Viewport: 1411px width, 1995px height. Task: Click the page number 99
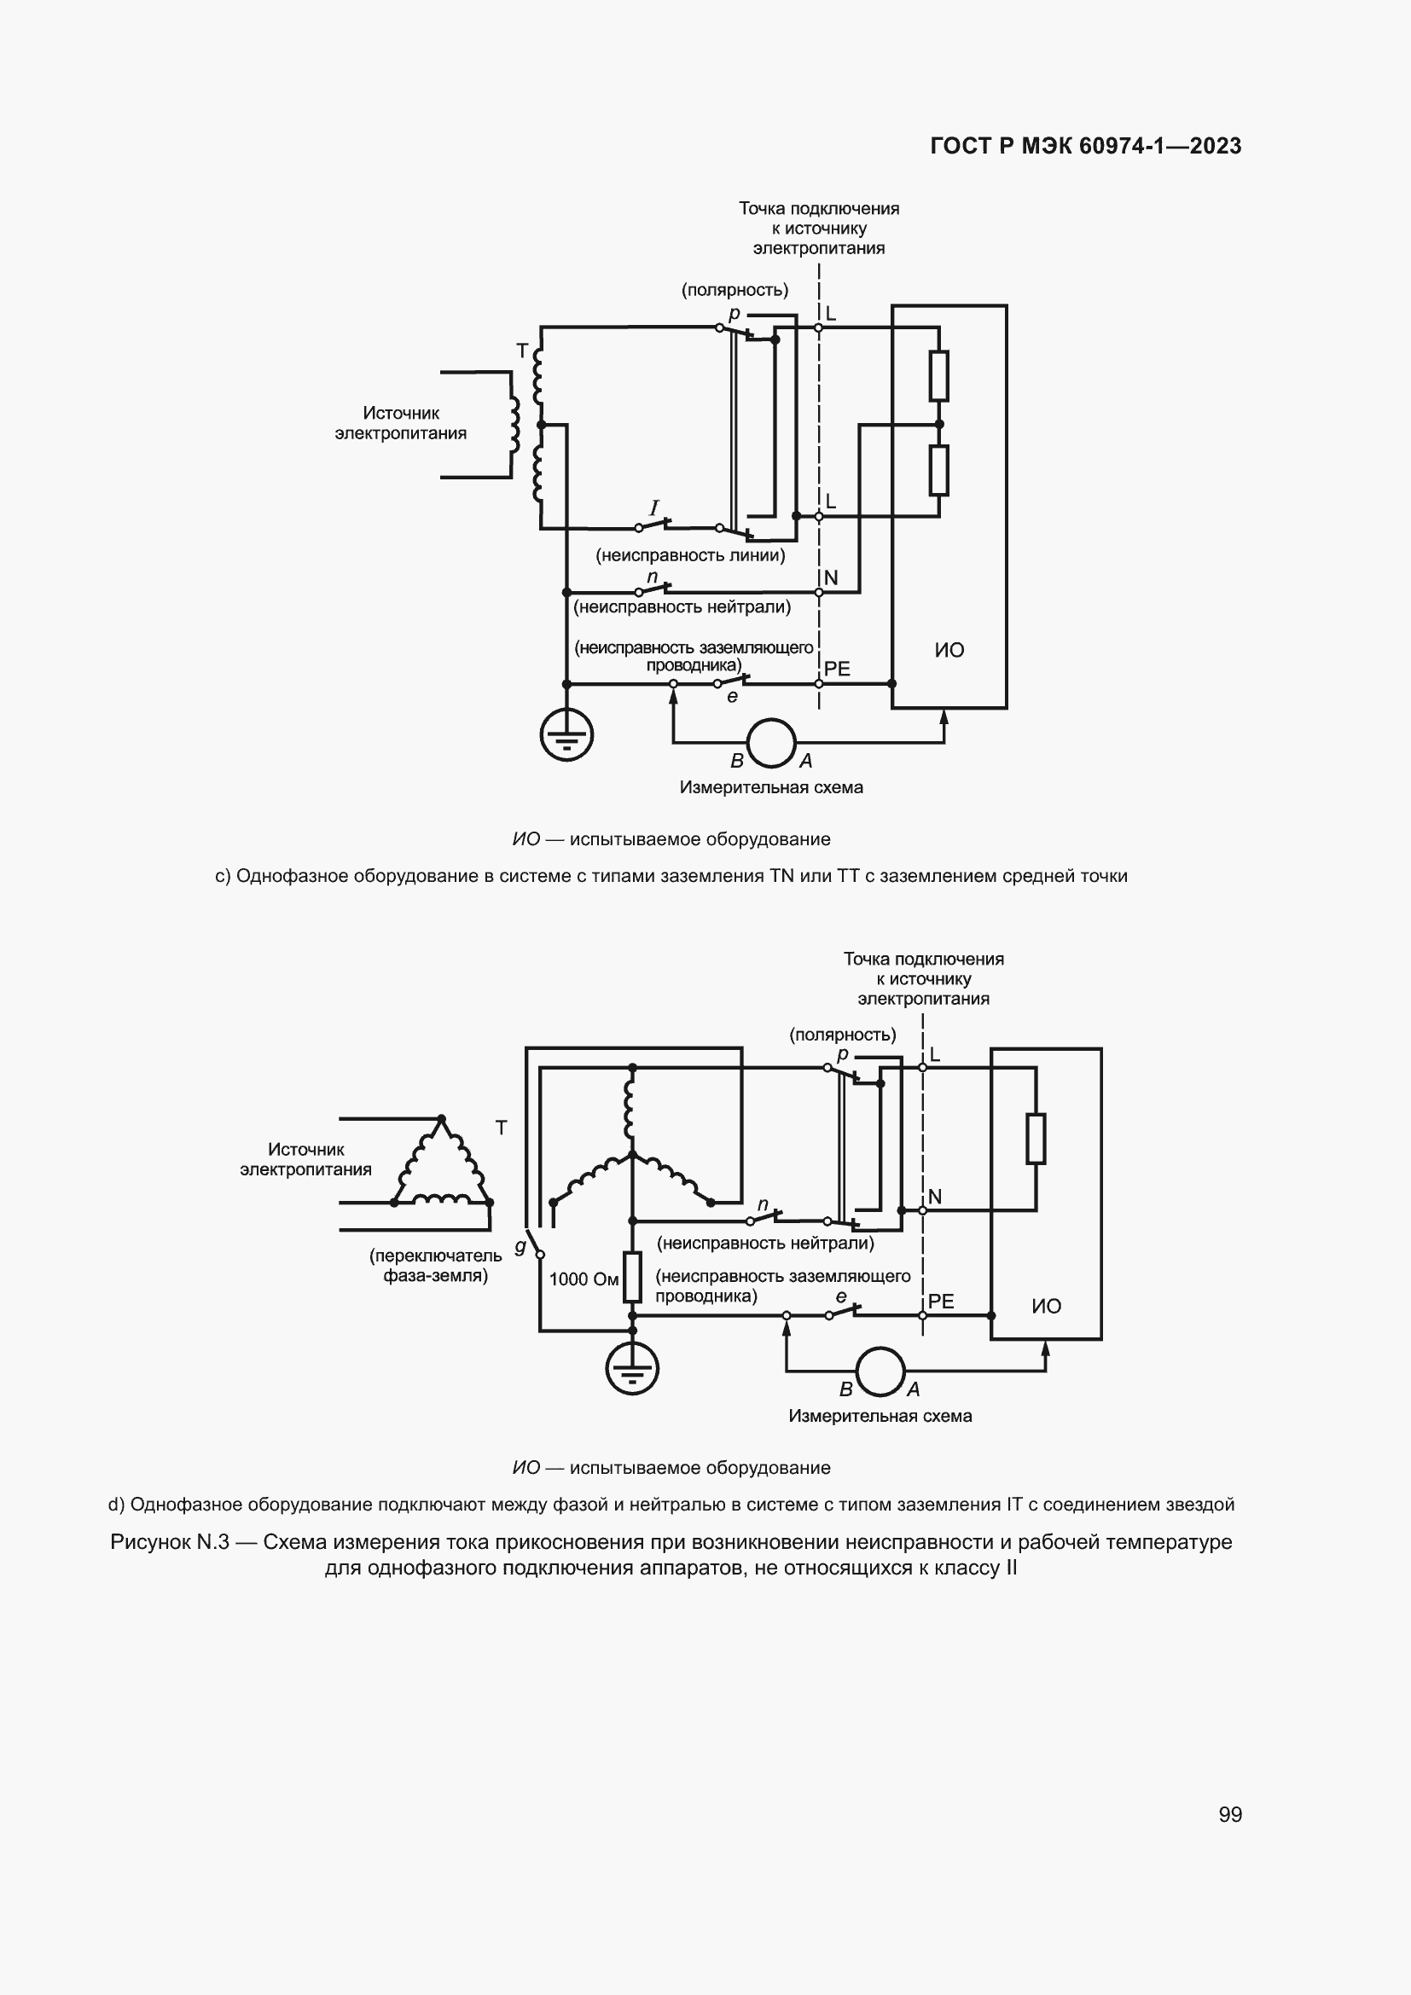pyautogui.click(x=1229, y=1814)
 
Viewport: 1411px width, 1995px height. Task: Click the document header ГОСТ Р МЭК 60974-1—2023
pyautogui.click(x=1085, y=146)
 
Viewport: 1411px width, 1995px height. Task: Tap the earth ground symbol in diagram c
pyautogui.click(x=566, y=735)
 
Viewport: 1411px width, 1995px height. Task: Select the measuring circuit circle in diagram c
pyautogui.click(x=770, y=743)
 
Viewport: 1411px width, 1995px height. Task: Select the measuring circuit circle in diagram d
pyautogui.click(x=880, y=1372)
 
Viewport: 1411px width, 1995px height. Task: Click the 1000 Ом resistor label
pyautogui.click(x=584, y=1279)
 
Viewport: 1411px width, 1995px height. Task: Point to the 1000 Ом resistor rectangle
pyautogui.click(x=632, y=1278)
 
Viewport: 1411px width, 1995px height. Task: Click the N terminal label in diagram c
pyautogui.click(x=831, y=577)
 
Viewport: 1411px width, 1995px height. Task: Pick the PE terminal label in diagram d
pyautogui.click(x=941, y=1301)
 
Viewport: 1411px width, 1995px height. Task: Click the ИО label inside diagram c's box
pyautogui.click(x=949, y=650)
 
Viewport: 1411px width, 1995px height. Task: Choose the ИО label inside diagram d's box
pyautogui.click(x=1046, y=1306)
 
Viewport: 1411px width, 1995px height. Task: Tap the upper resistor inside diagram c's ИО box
pyautogui.click(x=938, y=375)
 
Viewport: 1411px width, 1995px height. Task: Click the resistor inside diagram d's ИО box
pyautogui.click(x=1036, y=1139)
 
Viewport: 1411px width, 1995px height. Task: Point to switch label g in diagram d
pyautogui.click(x=520, y=1247)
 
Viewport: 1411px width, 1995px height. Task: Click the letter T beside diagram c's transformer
pyautogui.click(x=522, y=351)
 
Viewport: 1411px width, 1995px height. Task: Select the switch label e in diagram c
pyautogui.click(x=732, y=697)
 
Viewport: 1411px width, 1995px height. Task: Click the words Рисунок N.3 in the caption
pyautogui.click(x=170, y=1542)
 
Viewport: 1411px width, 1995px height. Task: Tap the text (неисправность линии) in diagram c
pyautogui.click(x=690, y=555)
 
